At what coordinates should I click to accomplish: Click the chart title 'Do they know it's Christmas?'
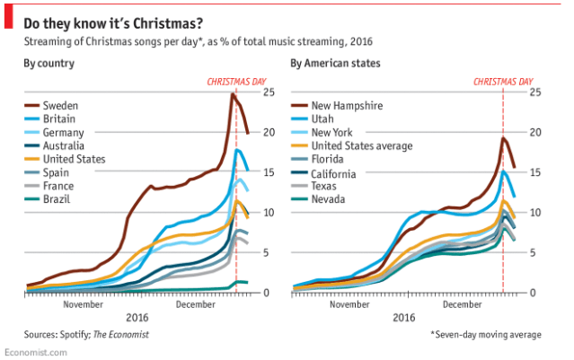112,19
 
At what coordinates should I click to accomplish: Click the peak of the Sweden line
233,94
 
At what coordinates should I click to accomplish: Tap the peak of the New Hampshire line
503,138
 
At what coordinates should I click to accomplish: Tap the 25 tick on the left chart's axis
268,92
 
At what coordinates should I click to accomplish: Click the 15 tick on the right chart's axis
534,172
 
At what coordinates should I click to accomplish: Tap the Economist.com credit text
33,353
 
